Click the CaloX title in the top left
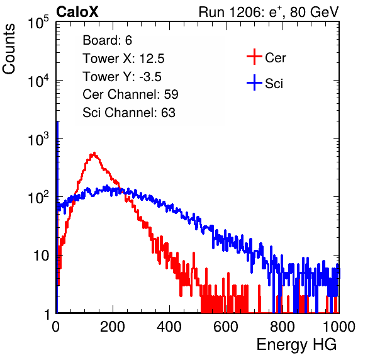(77, 12)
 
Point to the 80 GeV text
(314, 12)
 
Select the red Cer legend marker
(254, 57)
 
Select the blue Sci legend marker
(254, 82)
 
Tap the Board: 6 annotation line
(107, 40)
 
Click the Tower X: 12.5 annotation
(123, 59)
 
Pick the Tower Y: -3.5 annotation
(122, 77)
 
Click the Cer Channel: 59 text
(130, 94)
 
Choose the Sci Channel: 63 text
(129, 113)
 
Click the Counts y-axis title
(9, 49)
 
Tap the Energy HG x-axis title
(296, 344)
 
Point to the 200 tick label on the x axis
(113, 327)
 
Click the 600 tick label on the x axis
(226, 327)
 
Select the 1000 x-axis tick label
(339, 327)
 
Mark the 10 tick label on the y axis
(42, 256)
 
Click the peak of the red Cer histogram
(94, 153)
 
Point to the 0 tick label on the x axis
(56, 327)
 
